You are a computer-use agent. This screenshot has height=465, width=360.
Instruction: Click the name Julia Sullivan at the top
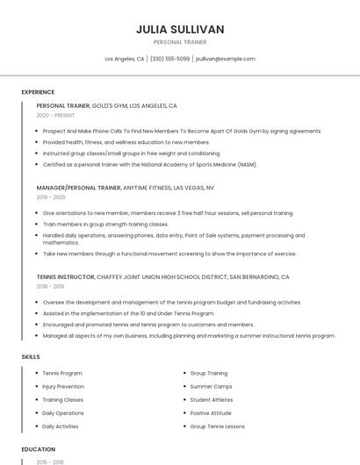180,29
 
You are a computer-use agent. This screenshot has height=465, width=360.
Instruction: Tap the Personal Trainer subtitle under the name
180,41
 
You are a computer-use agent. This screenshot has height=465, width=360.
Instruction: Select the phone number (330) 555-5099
169,59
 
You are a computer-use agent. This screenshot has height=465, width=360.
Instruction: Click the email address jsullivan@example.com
225,59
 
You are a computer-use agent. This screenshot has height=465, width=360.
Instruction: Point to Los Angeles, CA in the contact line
125,59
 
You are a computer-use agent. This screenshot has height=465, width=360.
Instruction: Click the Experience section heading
38,92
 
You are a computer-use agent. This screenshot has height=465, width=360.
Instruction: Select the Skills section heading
30,357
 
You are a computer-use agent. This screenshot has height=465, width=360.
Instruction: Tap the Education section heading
38,449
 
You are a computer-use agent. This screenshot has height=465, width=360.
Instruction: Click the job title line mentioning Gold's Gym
106,105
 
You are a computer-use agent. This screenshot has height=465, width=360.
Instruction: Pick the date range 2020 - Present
55,115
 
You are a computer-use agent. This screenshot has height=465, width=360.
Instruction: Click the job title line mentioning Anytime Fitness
125,188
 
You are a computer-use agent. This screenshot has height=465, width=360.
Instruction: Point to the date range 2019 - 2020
51,197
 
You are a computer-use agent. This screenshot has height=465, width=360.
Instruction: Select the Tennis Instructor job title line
162,276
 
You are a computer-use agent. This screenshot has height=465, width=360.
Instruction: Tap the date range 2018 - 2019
50,286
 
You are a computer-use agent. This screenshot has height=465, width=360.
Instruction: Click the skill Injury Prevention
63,386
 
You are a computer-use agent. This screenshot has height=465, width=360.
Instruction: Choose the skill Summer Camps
212,386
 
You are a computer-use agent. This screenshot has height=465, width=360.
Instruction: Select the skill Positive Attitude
212,412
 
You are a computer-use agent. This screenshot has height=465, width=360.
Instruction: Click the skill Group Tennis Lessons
219,426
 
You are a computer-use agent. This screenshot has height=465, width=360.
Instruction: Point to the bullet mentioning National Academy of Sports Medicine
149,164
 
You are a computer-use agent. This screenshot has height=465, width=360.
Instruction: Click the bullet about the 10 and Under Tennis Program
128,313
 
